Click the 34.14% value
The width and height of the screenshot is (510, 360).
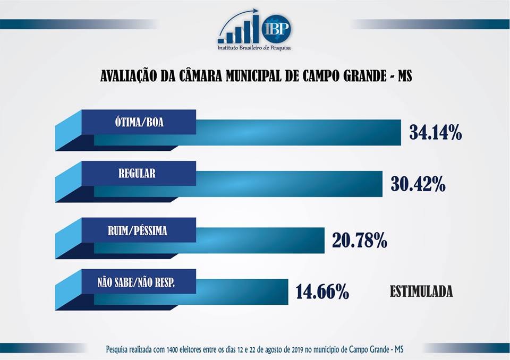(x=435, y=133)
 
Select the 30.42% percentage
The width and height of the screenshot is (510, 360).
(x=418, y=184)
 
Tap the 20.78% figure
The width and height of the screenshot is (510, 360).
(x=359, y=241)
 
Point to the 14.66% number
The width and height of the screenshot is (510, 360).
(x=322, y=292)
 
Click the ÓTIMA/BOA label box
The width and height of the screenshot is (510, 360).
(x=138, y=122)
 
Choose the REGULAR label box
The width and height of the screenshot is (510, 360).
(x=138, y=173)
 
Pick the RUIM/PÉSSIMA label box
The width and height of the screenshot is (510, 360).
(x=138, y=230)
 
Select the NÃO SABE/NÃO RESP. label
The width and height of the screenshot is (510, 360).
(x=138, y=281)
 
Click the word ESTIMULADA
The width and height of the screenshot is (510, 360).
(x=421, y=292)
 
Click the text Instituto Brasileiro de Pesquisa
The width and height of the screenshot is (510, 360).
(x=254, y=48)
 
